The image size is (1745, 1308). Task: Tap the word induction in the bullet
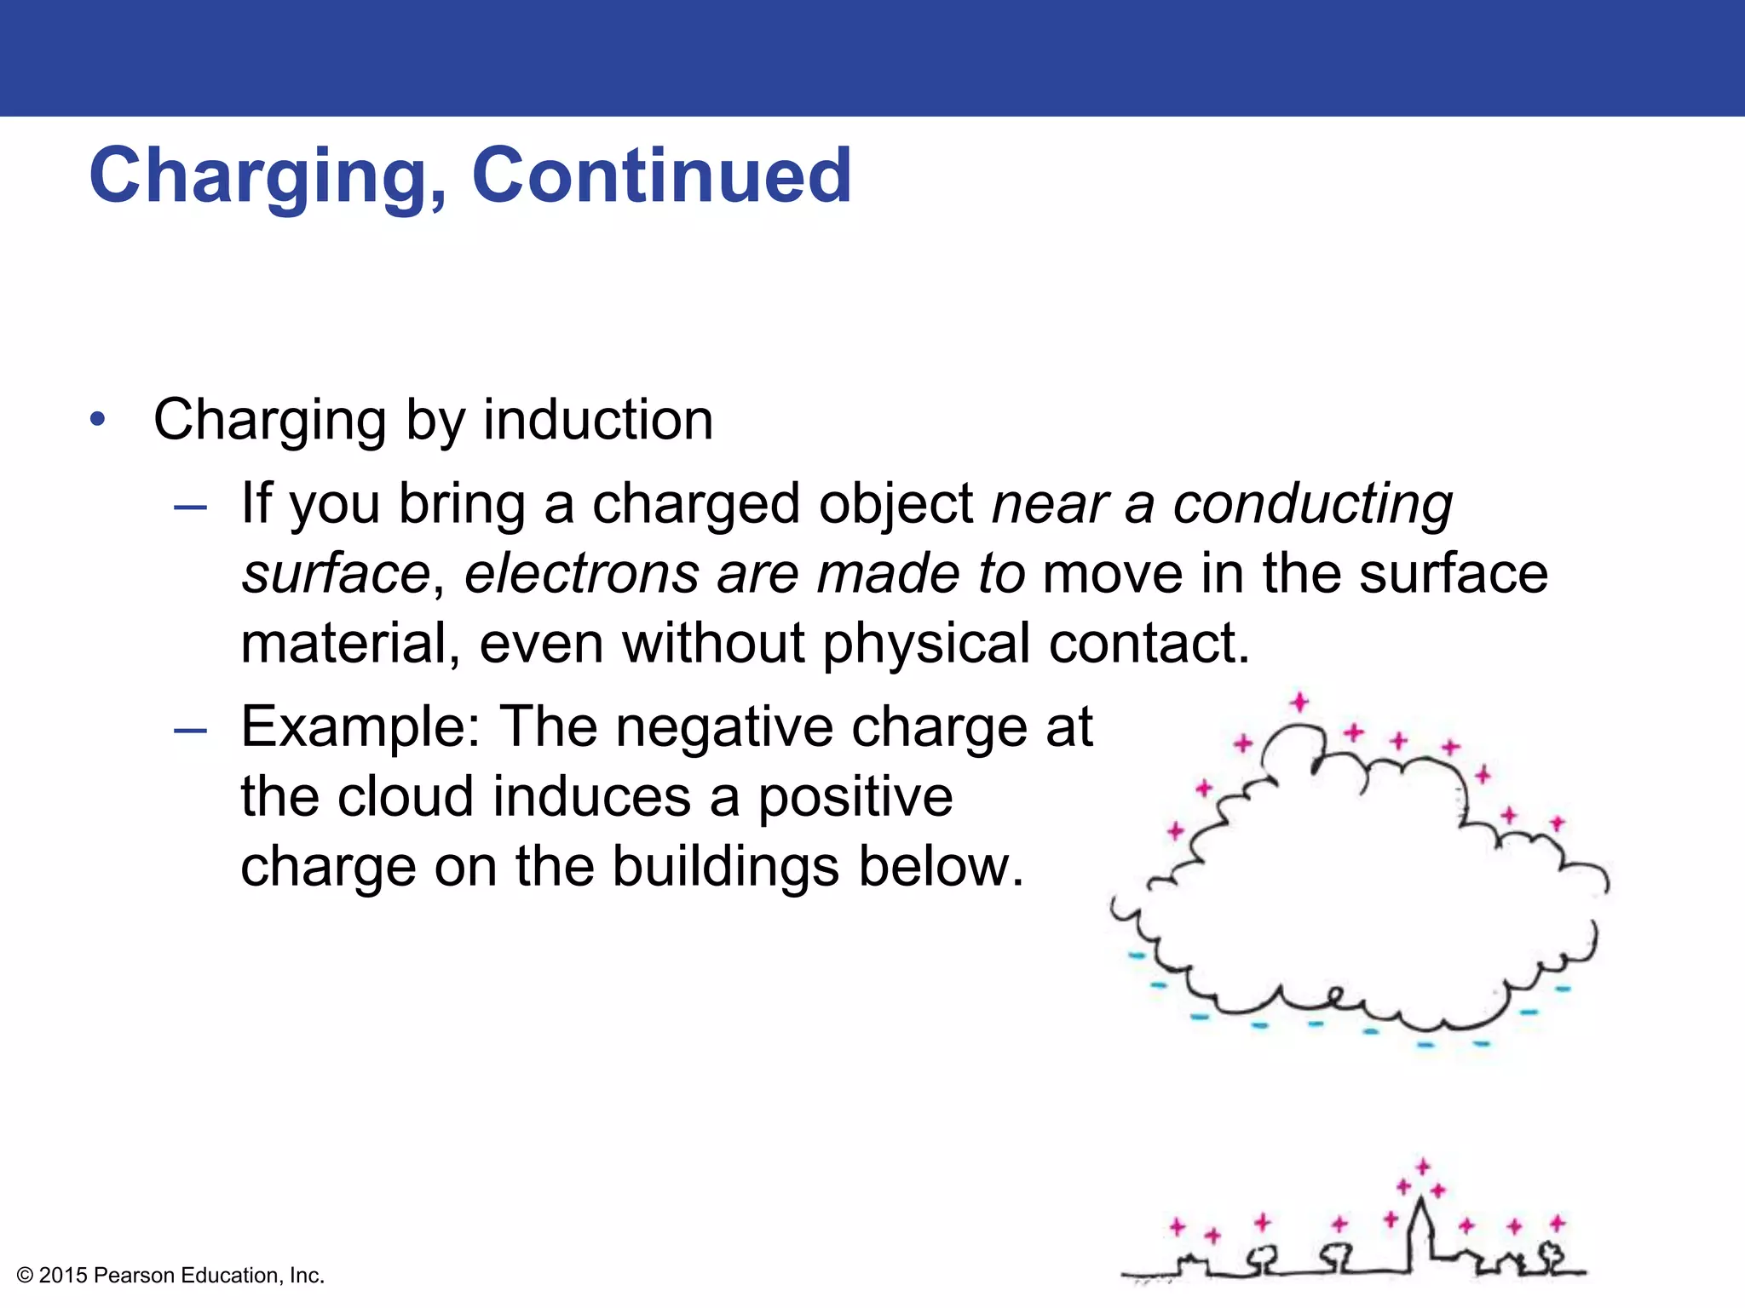(x=598, y=420)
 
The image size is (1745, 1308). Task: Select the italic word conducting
(x=1313, y=504)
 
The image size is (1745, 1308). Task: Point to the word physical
(x=926, y=644)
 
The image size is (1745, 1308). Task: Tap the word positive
(x=855, y=798)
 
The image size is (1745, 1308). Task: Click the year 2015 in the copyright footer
(x=63, y=1276)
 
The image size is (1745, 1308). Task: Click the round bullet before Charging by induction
(x=99, y=420)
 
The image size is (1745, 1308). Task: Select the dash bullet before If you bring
(x=189, y=508)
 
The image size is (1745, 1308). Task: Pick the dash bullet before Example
(x=189, y=731)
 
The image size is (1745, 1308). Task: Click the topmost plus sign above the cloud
(x=1299, y=702)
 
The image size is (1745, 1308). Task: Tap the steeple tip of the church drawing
(x=1420, y=1201)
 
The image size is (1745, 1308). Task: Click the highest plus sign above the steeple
(x=1422, y=1167)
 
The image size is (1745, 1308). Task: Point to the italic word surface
(x=336, y=573)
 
